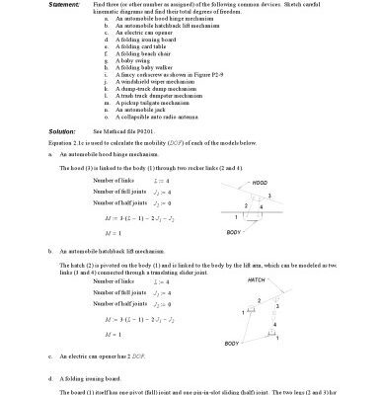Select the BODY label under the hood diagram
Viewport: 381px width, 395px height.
pyautogui.click(x=233, y=232)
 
